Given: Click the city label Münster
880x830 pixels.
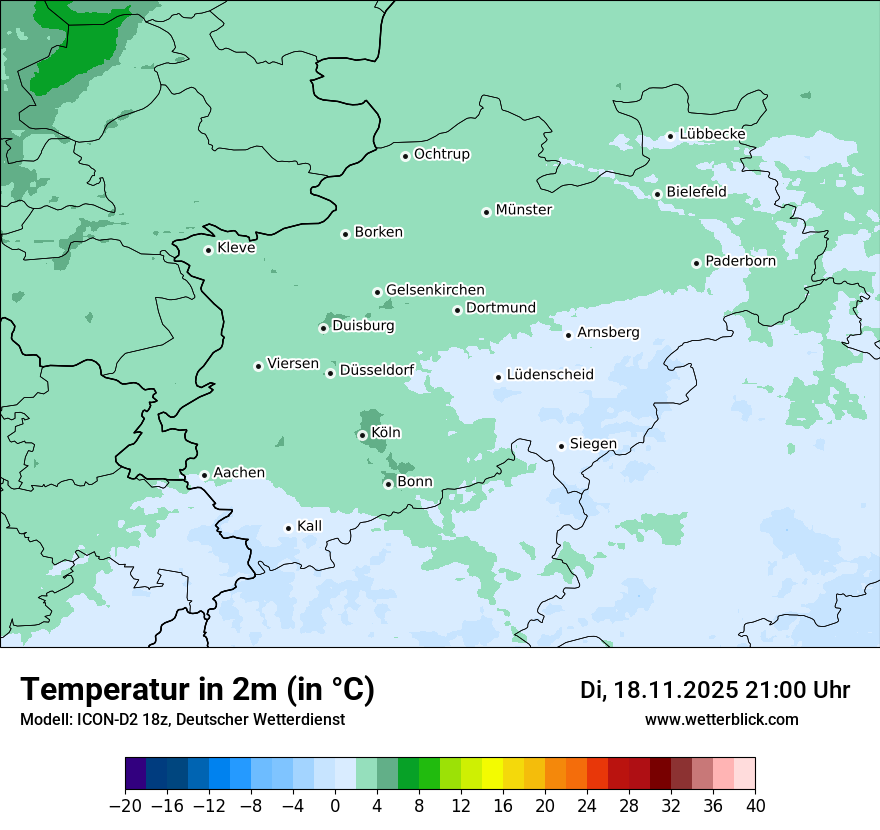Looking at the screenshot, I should click(524, 210).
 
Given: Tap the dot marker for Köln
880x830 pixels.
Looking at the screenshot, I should click(362, 435).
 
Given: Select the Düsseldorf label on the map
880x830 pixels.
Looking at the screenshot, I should click(377, 371).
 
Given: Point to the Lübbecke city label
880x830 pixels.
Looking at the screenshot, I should click(712, 134).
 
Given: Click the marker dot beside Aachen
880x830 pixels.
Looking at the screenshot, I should click(204, 475).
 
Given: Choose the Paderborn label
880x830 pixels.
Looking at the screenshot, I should click(740, 261).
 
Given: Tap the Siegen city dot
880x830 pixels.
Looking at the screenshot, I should click(561, 446).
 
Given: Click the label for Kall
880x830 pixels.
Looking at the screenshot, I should click(309, 526).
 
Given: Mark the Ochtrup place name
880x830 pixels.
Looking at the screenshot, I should click(442, 154).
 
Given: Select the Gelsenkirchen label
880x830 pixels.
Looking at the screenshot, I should click(435, 290).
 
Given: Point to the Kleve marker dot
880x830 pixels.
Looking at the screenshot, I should click(208, 250).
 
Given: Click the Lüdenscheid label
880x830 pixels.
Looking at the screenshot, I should click(550, 375).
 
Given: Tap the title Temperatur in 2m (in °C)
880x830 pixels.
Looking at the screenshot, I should click(198, 690).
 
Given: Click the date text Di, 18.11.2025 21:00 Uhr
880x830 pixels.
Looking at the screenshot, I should click(715, 690).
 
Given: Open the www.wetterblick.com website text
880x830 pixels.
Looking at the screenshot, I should click(721, 719).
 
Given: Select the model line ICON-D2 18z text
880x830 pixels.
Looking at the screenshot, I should click(182, 720).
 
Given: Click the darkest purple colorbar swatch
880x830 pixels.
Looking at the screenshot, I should click(136, 774).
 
